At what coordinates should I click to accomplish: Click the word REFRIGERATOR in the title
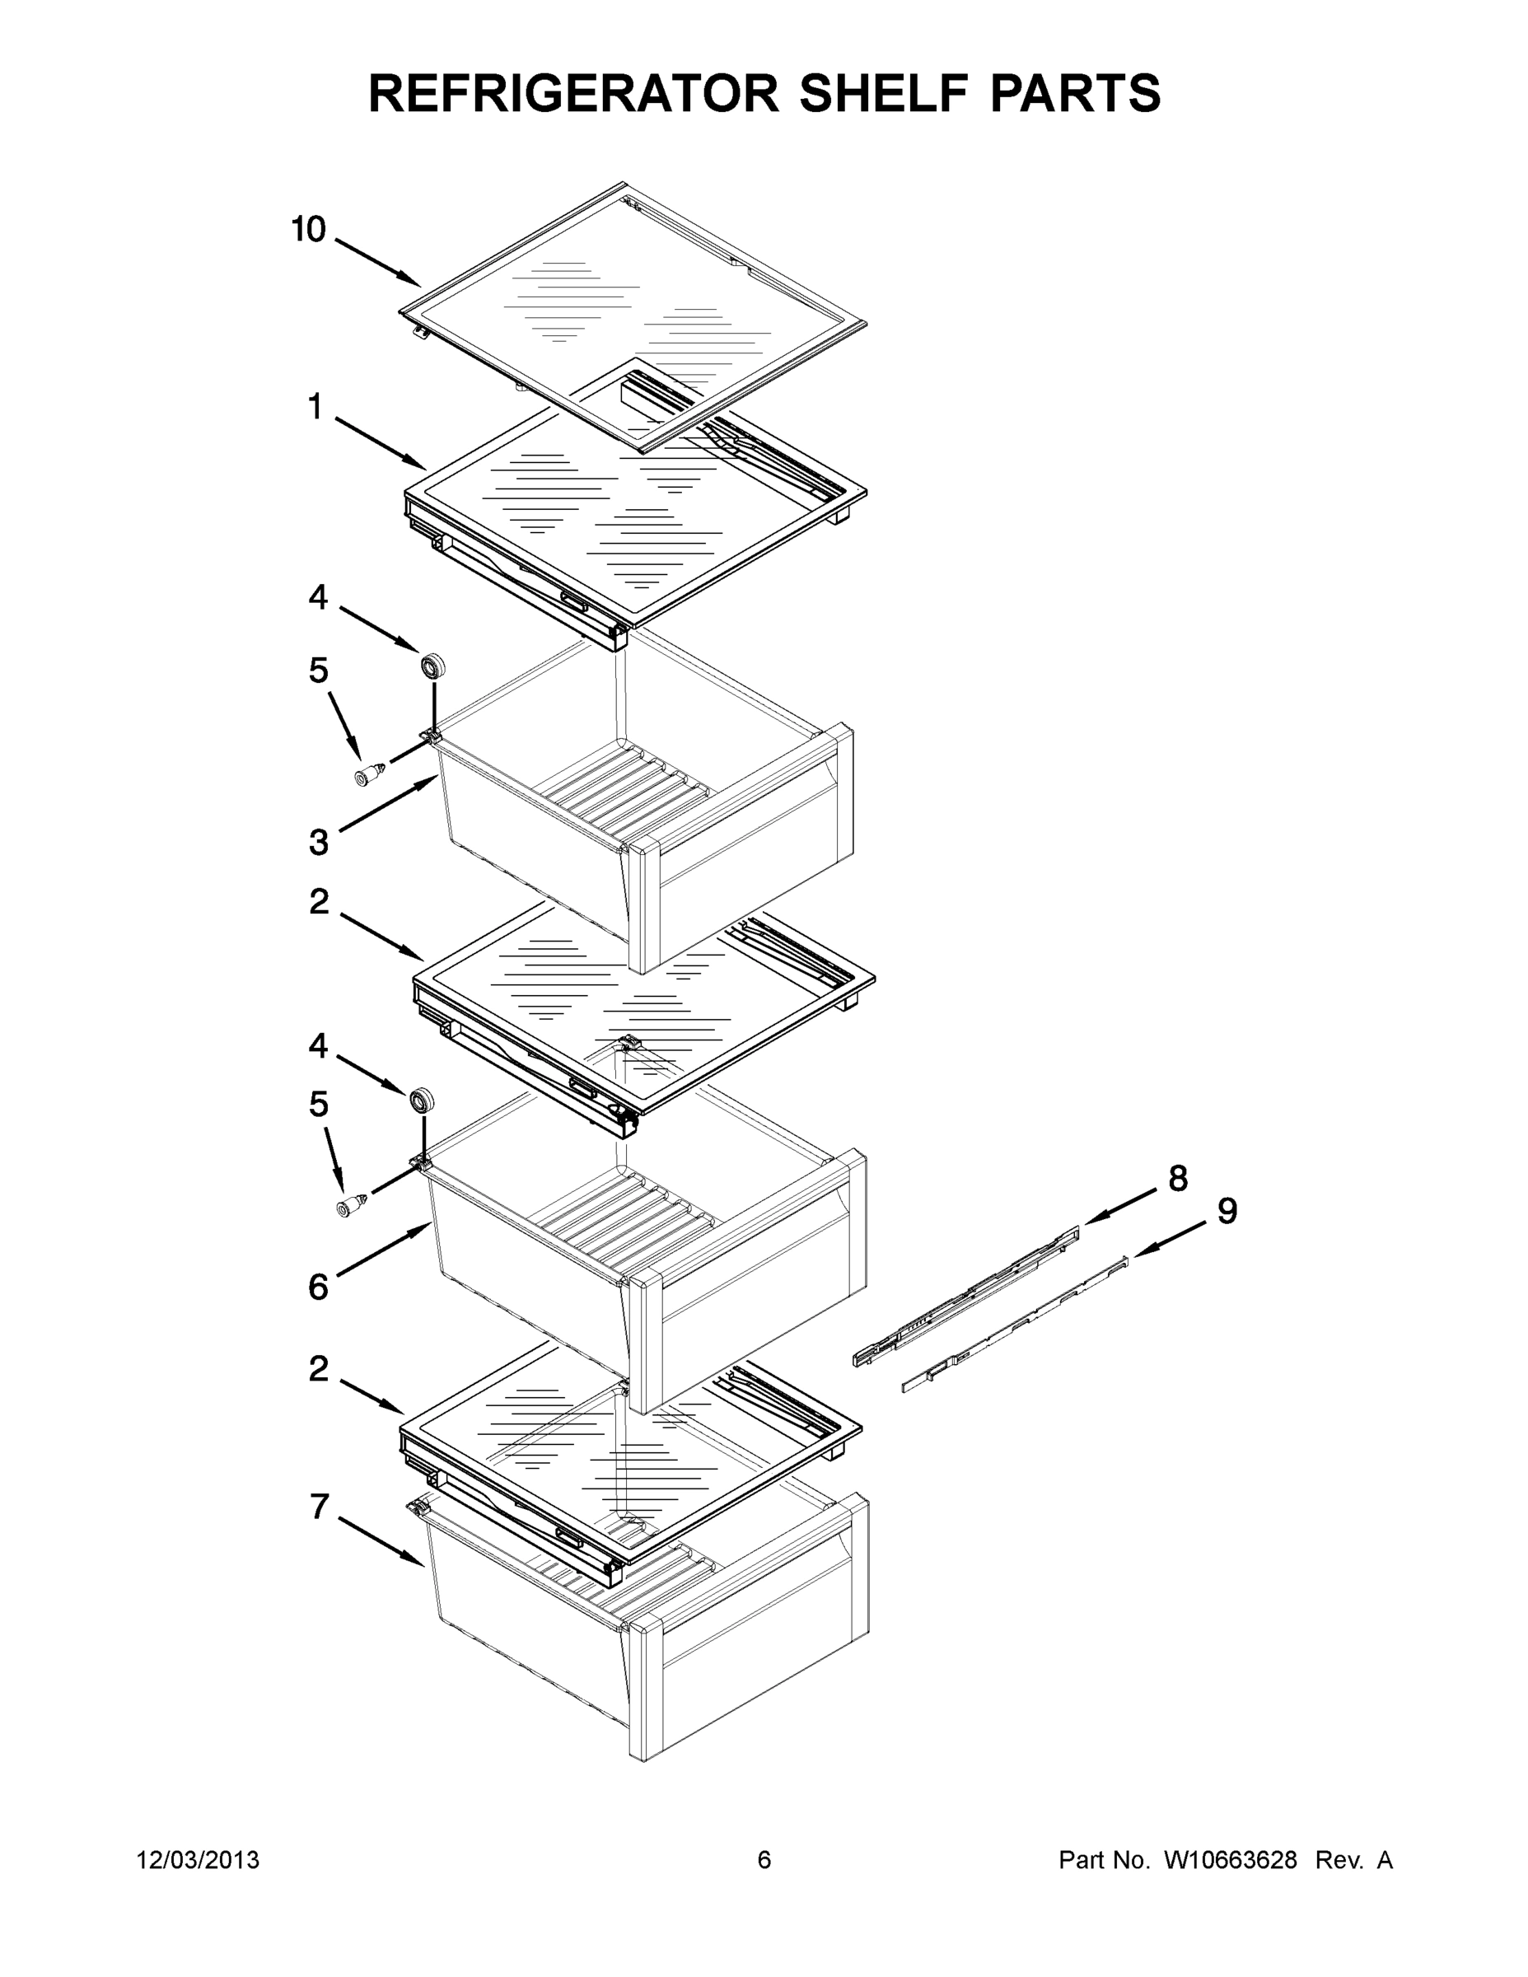tap(574, 92)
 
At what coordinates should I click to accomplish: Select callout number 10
tap(308, 230)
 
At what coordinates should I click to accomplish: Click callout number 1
tap(315, 408)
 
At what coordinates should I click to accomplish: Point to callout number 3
tap(319, 842)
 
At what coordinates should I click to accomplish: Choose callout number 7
tap(319, 1507)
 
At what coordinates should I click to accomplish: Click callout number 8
tap(1178, 1178)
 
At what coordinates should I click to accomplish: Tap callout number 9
tap(1227, 1210)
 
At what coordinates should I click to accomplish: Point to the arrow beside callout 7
tap(381, 1540)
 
